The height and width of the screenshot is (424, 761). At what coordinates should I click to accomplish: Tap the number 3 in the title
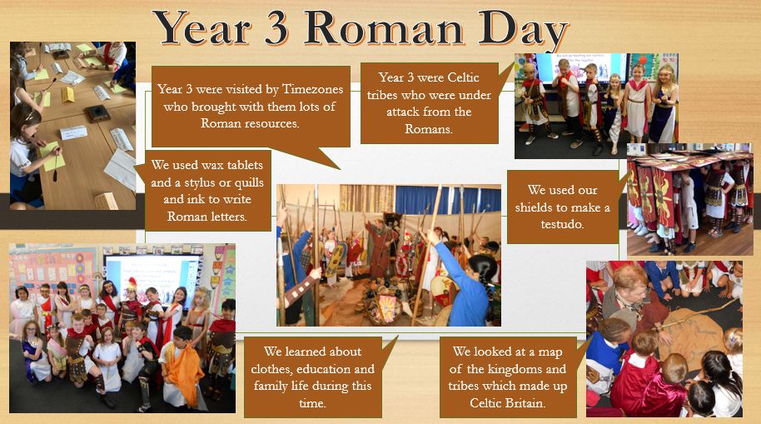[276, 28]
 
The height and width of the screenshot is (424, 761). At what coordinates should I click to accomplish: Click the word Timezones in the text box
[312, 89]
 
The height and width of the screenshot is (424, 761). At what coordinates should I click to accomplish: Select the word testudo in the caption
[562, 224]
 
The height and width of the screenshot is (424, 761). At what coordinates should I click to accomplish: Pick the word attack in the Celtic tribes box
[402, 112]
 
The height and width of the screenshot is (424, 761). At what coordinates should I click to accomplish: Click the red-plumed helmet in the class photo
[131, 286]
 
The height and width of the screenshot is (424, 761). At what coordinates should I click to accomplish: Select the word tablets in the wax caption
[242, 165]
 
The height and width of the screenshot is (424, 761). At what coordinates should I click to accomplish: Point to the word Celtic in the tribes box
[463, 77]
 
